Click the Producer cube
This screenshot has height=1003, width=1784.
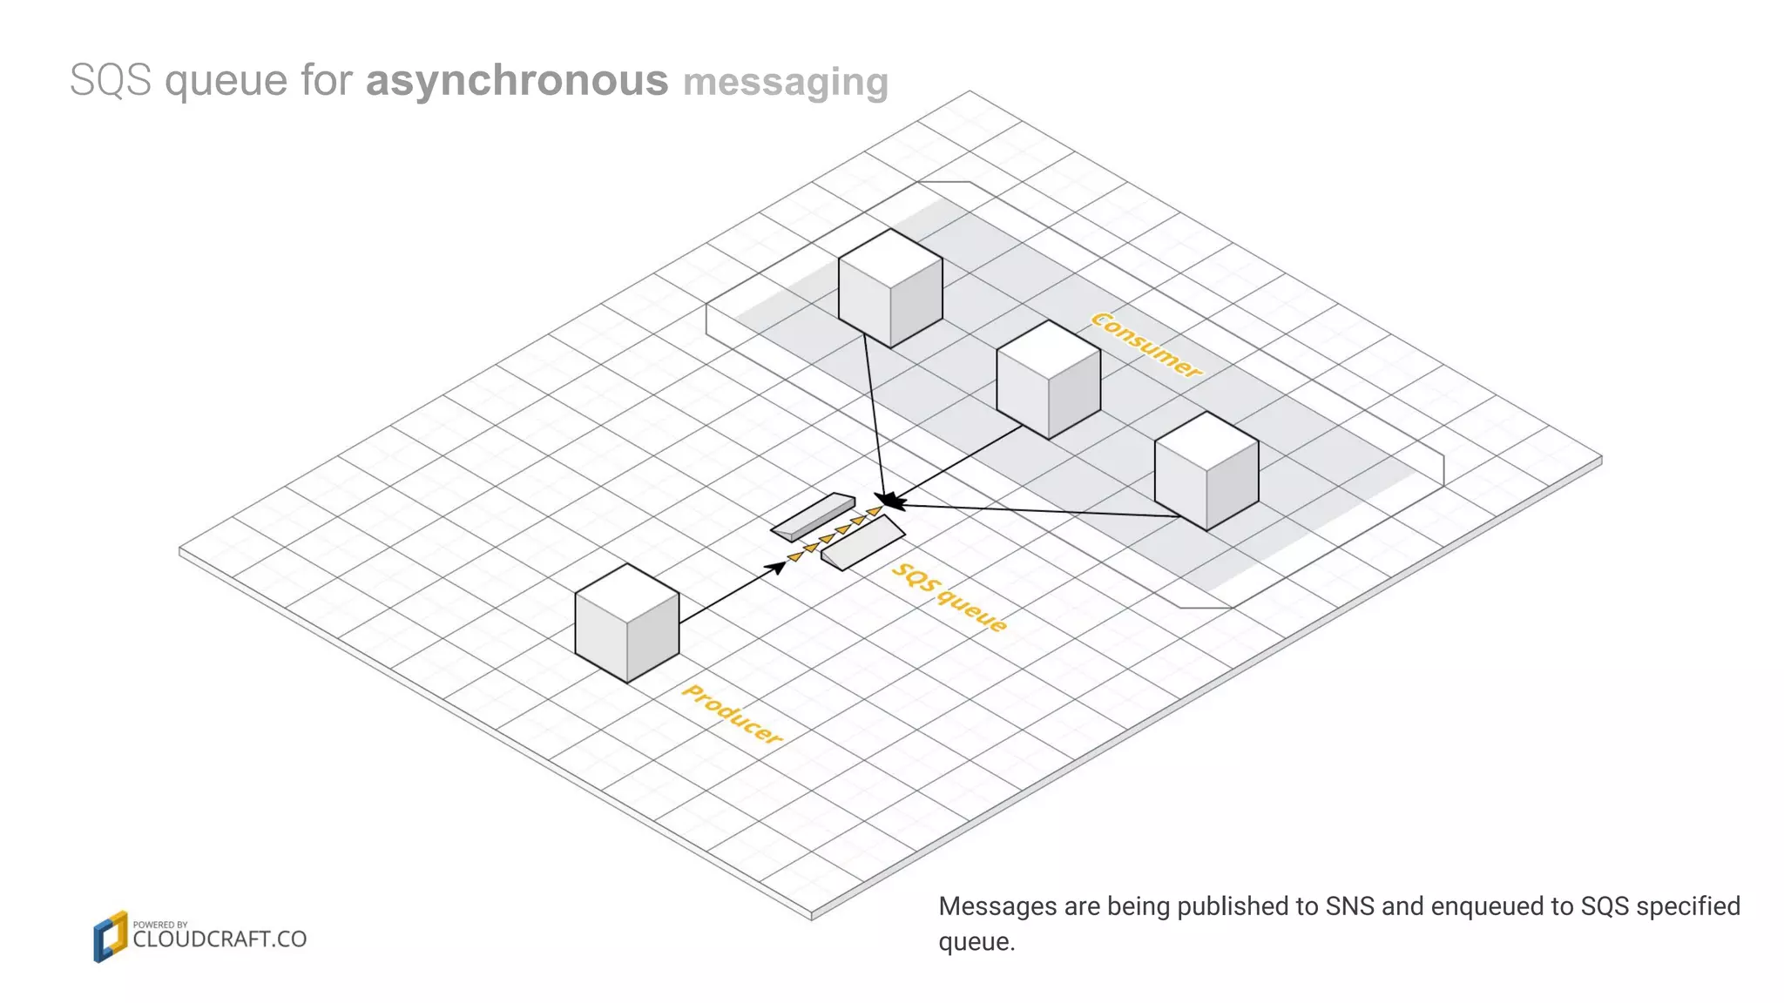tap(627, 623)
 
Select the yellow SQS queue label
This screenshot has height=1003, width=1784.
tap(949, 597)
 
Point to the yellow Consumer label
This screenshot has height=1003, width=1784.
tap(1146, 345)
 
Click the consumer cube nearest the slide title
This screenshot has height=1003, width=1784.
tap(890, 289)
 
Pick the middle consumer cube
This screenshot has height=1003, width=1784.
tap(1048, 380)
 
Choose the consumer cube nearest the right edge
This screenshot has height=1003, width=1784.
tap(1206, 471)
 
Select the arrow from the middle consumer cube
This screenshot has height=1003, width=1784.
tap(958, 464)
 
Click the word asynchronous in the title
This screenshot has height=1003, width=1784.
tap(517, 81)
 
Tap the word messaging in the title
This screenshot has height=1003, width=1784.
tap(785, 83)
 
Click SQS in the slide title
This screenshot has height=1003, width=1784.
tap(111, 81)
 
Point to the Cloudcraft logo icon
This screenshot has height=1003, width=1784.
tap(110, 937)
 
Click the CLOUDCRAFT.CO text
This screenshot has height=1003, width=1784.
tap(220, 939)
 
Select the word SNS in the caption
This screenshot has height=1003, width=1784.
tap(1349, 906)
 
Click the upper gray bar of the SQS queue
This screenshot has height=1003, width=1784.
tap(813, 515)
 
